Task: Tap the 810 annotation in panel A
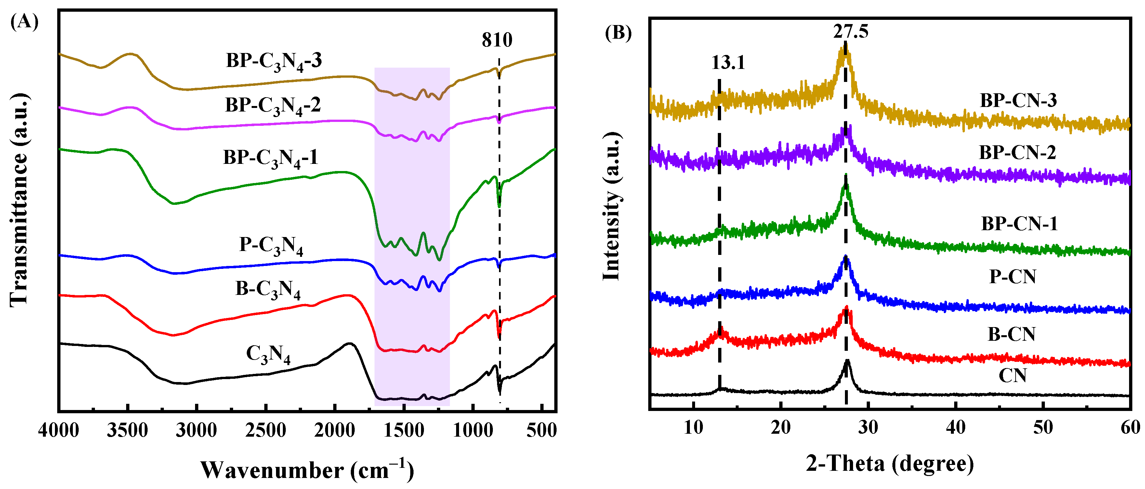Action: (x=497, y=40)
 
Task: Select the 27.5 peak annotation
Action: (x=850, y=31)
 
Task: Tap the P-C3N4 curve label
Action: (x=271, y=245)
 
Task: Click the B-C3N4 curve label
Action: (x=268, y=289)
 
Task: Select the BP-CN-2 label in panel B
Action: (x=1017, y=152)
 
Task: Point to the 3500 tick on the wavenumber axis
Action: (x=127, y=430)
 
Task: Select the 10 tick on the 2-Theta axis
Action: (x=693, y=428)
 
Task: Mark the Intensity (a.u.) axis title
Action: (x=612, y=207)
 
